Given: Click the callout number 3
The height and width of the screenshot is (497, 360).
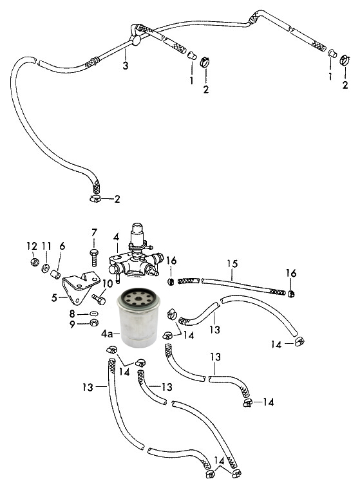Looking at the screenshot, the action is (x=126, y=66).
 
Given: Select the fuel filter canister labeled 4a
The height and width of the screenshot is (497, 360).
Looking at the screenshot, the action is (x=137, y=317).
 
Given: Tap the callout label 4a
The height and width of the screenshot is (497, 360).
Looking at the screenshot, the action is (x=107, y=333).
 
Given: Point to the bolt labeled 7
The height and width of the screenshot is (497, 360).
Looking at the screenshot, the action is (x=94, y=258).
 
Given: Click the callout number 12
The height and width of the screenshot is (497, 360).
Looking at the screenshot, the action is (x=32, y=246).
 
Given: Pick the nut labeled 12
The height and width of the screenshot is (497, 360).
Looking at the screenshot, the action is (x=35, y=262).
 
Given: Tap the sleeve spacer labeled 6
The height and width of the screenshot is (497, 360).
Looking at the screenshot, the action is (x=55, y=274).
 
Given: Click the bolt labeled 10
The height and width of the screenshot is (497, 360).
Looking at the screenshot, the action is (x=99, y=299).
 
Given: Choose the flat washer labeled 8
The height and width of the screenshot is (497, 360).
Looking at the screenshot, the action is (x=93, y=314).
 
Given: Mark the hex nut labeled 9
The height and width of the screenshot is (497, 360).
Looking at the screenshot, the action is (x=94, y=323).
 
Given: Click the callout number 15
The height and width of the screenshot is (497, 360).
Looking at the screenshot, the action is (x=232, y=264).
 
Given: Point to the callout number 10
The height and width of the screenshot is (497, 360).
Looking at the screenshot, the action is (x=107, y=283).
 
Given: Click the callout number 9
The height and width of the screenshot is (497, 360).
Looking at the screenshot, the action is (x=73, y=324).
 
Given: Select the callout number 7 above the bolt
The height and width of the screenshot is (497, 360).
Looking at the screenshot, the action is (x=94, y=232).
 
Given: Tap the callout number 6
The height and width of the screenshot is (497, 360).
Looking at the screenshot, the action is (x=62, y=246).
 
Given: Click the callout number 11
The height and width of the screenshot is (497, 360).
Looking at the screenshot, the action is (x=46, y=246).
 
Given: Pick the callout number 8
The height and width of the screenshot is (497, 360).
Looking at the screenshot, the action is (x=72, y=314).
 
